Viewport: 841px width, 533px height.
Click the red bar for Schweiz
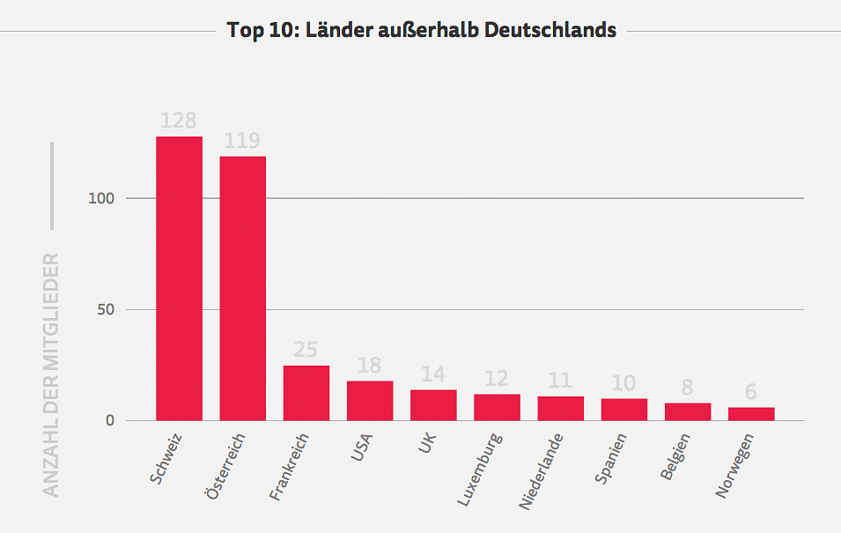point(180,278)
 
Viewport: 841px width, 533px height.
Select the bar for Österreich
point(243,288)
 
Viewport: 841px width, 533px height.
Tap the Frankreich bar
point(306,393)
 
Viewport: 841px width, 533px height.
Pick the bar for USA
point(370,401)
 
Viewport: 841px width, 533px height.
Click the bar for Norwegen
point(751,414)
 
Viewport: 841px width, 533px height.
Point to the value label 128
point(179,121)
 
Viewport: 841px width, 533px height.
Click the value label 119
point(242,141)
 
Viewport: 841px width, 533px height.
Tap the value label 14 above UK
point(433,374)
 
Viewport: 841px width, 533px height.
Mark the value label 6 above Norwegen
point(751,392)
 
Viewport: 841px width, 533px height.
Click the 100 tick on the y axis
point(101,198)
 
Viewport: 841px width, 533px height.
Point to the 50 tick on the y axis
point(105,309)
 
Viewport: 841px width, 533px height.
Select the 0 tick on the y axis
point(110,420)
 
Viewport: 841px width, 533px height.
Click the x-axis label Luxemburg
point(480,469)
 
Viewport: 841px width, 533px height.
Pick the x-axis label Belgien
point(676,456)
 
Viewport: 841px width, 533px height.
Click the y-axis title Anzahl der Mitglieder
point(52,374)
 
